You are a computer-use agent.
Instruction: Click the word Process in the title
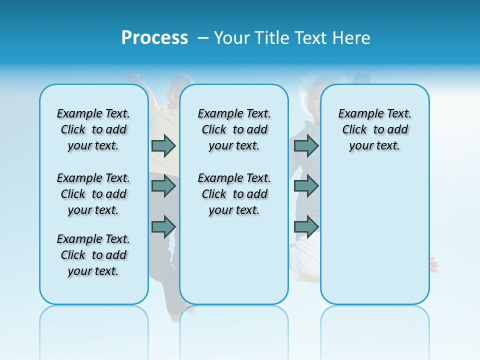click(154, 38)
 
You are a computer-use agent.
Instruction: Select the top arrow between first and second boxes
click(163, 146)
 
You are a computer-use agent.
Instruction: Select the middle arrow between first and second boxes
click(163, 186)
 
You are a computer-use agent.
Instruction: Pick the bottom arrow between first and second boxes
click(163, 226)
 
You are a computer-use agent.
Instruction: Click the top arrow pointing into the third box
click(306, 146)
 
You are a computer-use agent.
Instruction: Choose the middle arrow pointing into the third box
click(306, 186)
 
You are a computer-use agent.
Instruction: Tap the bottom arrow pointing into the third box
click(306, 226)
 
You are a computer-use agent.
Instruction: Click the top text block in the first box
click(93, 129)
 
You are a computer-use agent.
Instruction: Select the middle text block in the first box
click(93, 194)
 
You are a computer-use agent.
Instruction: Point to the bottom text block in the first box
click(93, 255)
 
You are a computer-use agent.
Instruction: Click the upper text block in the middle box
click(234, 129)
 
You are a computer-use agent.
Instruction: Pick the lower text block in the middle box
click(234, 194)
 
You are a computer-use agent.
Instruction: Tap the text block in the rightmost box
click(374, 129)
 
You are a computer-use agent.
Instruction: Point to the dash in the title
click(202, 38)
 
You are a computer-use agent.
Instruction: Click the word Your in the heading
click(231, 38)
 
